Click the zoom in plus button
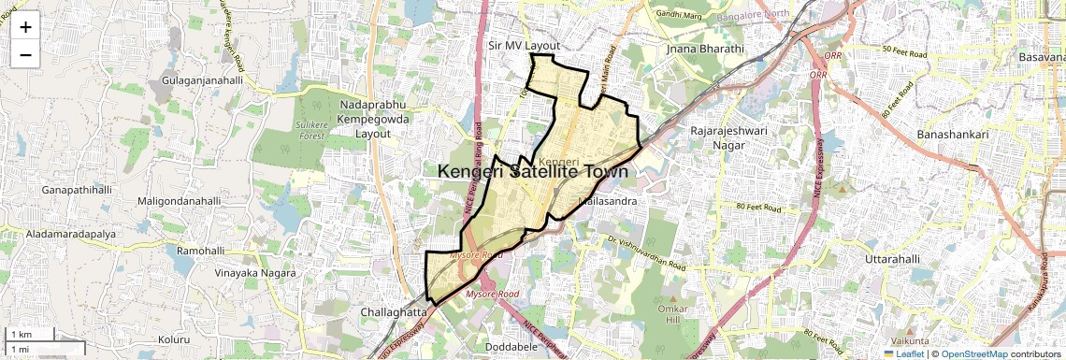(25, 27)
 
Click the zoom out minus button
(25, 54)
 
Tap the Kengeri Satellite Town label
(532, 172)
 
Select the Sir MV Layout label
(524, 45)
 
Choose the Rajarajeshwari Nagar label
(728, 137)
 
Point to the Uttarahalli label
(893, 258)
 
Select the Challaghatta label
(394, 311)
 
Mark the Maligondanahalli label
(180, 201)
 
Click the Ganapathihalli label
(77, 190)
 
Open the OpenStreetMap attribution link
(973, 354)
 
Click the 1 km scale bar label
(22, 334)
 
